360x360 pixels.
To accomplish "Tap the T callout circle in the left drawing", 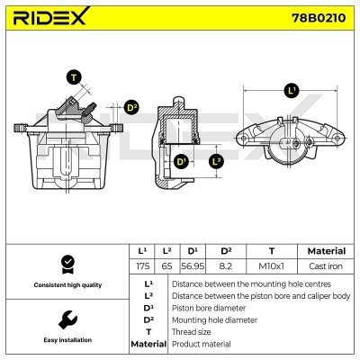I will click(74, 78).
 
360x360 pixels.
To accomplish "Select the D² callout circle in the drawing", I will click(131, 108).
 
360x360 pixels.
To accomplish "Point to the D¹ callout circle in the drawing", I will click(181, 162).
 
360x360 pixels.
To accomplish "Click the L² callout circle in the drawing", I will click(216, 162).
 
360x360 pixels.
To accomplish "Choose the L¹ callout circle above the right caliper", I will click(291, 90).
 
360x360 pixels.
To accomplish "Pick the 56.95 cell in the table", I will click(193, 267).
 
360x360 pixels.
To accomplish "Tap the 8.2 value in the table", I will click(227, 267).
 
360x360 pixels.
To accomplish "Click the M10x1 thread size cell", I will click(271, 267).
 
